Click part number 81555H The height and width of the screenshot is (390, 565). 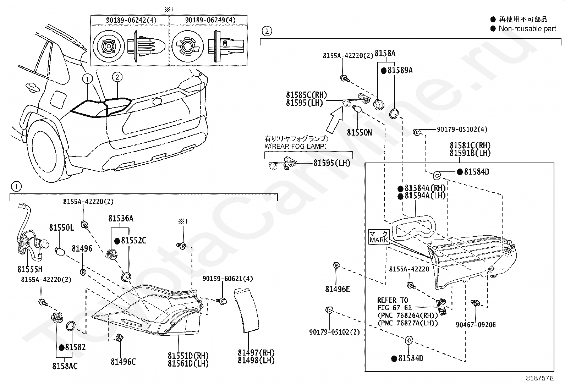pos(30,269)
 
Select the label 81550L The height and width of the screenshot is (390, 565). pos(61,227)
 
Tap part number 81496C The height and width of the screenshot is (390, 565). pos(123,362)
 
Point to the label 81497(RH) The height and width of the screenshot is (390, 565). pos(256,353)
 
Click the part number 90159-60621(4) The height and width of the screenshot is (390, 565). pos(228,279)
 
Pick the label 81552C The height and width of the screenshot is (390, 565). pos(133,241)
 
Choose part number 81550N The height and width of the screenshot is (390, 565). pos(359,132)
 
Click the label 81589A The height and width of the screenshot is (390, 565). pos(400,70)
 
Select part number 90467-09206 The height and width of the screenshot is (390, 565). pos(476,325)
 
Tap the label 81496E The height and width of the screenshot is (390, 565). pos(337,289)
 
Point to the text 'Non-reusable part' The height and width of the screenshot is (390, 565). pos(527,29)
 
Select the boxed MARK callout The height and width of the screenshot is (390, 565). pos(379,237)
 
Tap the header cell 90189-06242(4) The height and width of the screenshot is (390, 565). pos(131,20)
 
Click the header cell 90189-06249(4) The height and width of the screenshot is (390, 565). pos(210,20)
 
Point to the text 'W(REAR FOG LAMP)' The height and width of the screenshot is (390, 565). pos(295,146)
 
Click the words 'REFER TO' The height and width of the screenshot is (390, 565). pos(392,300)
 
